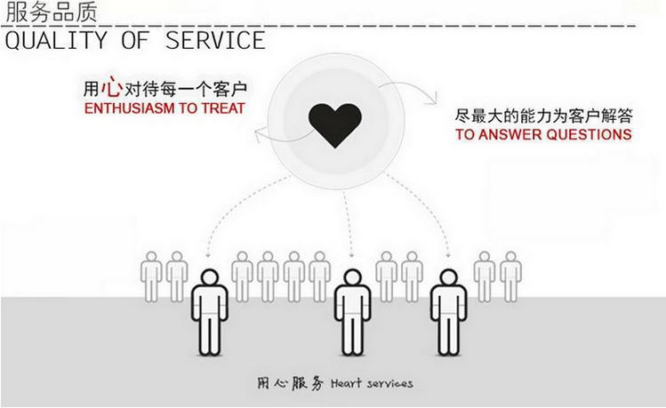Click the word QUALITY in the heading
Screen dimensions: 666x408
[x=56, y=41]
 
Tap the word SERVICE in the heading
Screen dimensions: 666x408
[x=215, y=40]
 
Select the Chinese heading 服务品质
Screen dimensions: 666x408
[x=52, y=12]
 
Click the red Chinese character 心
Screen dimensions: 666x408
[x=112, y=86]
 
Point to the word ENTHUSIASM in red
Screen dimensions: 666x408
[x=130, y=108]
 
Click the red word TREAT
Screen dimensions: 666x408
[x=223, y=108]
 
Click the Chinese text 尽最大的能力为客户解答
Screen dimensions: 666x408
[x=543, y=116]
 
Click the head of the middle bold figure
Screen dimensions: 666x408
[x=352, y=277]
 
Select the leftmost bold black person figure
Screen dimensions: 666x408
[x=209, y=312]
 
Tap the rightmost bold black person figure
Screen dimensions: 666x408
[x=448, y=312]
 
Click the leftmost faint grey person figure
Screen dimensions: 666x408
[x=151, y=276]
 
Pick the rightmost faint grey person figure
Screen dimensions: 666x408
[x=510, y=276]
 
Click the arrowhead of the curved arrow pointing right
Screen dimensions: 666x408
[x=432, y=99]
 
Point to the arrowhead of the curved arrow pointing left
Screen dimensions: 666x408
[x=259, y=136]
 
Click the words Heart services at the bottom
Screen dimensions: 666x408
[x=372, y=383]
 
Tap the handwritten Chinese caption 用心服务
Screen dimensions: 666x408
[x=290, y=383]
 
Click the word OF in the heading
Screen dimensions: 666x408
[x=135, y=41]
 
